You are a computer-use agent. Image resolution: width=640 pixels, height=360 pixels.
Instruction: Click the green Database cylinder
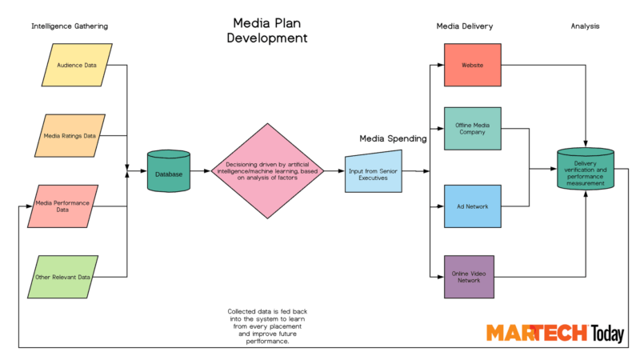pos(169,172)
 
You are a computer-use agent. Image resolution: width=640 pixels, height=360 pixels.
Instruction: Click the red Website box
pos(472,65)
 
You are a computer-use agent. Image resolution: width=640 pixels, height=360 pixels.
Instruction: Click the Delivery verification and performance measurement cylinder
pos(585,169)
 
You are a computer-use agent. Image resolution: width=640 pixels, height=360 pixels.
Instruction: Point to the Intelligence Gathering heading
pos(69,26)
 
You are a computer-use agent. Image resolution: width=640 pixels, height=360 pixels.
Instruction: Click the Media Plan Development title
pos(267,30)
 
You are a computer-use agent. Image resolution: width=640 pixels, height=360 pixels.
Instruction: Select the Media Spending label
pos(392,138)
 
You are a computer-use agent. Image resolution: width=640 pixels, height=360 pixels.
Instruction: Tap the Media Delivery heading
pos(464,26)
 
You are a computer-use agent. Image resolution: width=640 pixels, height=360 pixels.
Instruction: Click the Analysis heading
pos(585,26)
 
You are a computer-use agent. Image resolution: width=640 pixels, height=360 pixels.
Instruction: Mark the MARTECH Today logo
pos(554,333)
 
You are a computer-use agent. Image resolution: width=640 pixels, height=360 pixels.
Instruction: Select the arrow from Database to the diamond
pos(200,172)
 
